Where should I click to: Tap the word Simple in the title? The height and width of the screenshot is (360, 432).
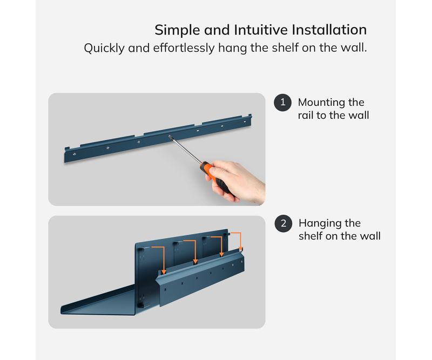click(x=177, y=30)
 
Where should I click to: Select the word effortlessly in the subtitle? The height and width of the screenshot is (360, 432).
click(x=184, y=48)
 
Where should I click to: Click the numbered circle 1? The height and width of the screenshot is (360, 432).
click(x=282, y=103)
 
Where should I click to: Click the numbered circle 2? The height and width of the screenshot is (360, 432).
click(x=283, y=223)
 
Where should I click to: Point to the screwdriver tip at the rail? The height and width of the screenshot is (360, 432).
click(x=170, y=136)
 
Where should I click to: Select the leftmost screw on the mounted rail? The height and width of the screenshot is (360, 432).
click(x=74, y=154)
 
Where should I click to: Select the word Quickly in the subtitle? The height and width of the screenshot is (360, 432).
click(x=104, y=49)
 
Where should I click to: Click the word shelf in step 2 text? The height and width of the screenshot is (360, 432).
click(x=310, y=236)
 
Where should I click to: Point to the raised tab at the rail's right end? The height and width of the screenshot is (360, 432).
click(x=249, y=116)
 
